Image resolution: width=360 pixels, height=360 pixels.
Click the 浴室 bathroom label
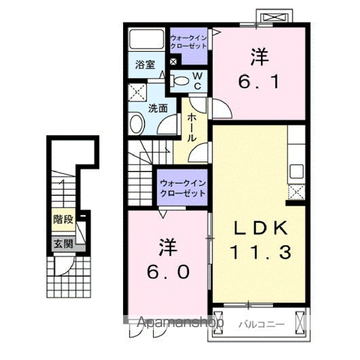[145, 65]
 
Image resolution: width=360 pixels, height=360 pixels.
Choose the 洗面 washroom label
[158, 107]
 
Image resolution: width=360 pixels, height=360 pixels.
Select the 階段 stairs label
[62, 220]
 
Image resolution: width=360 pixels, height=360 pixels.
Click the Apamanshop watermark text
[181, 324]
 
